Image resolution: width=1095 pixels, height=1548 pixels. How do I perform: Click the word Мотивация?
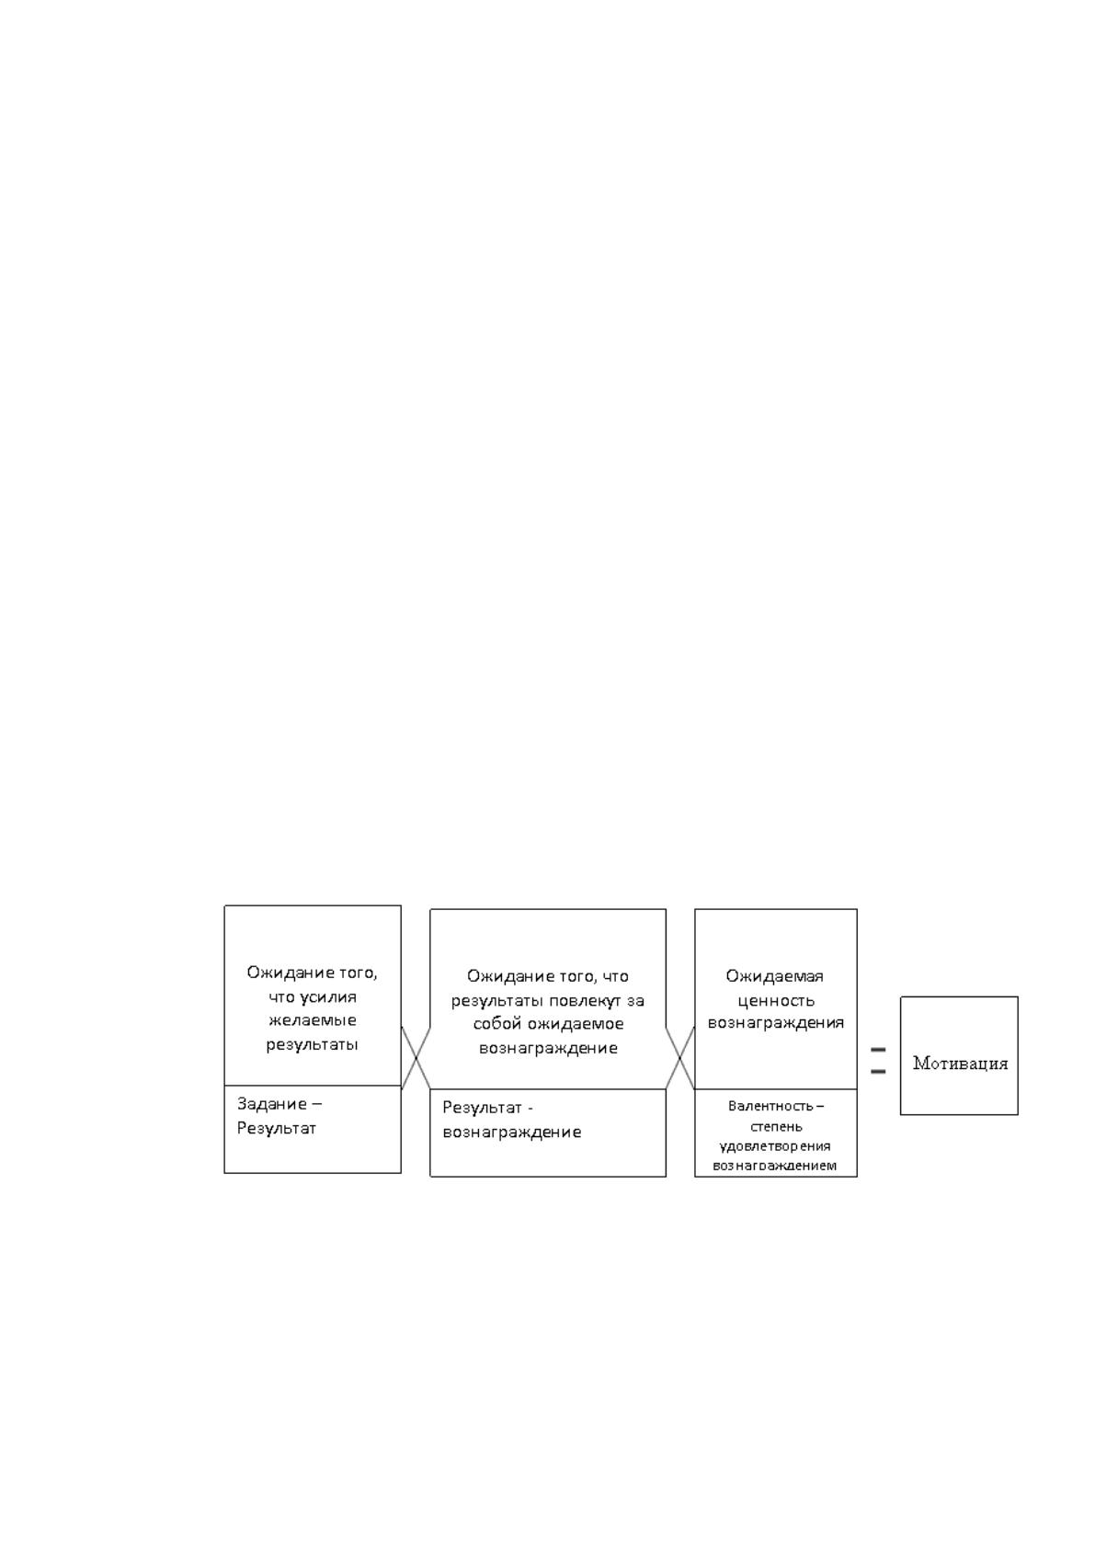960,1063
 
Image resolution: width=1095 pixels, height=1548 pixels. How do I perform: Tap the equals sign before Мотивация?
878,1060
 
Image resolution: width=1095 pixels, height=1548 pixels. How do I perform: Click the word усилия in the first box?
328,998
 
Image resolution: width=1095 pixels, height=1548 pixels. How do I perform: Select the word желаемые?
313,1020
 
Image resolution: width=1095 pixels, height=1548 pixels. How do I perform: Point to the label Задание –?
280,1104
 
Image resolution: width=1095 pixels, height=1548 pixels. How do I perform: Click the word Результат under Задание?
277,1128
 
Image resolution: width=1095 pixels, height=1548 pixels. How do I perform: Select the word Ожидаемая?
775,976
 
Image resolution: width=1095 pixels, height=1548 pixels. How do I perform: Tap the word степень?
776,1126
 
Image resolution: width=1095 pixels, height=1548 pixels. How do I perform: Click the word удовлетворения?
775,1145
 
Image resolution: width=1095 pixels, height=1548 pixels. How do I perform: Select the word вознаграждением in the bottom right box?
775,1166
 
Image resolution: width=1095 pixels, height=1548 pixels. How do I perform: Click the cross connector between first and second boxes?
416,1058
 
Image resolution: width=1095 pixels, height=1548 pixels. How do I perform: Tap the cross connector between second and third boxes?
680,1058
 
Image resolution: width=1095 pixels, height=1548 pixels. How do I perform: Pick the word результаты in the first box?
313,1044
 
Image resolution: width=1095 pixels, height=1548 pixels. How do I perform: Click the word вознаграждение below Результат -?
512,1132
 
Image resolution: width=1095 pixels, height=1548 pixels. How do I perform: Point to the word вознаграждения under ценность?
776,1023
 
